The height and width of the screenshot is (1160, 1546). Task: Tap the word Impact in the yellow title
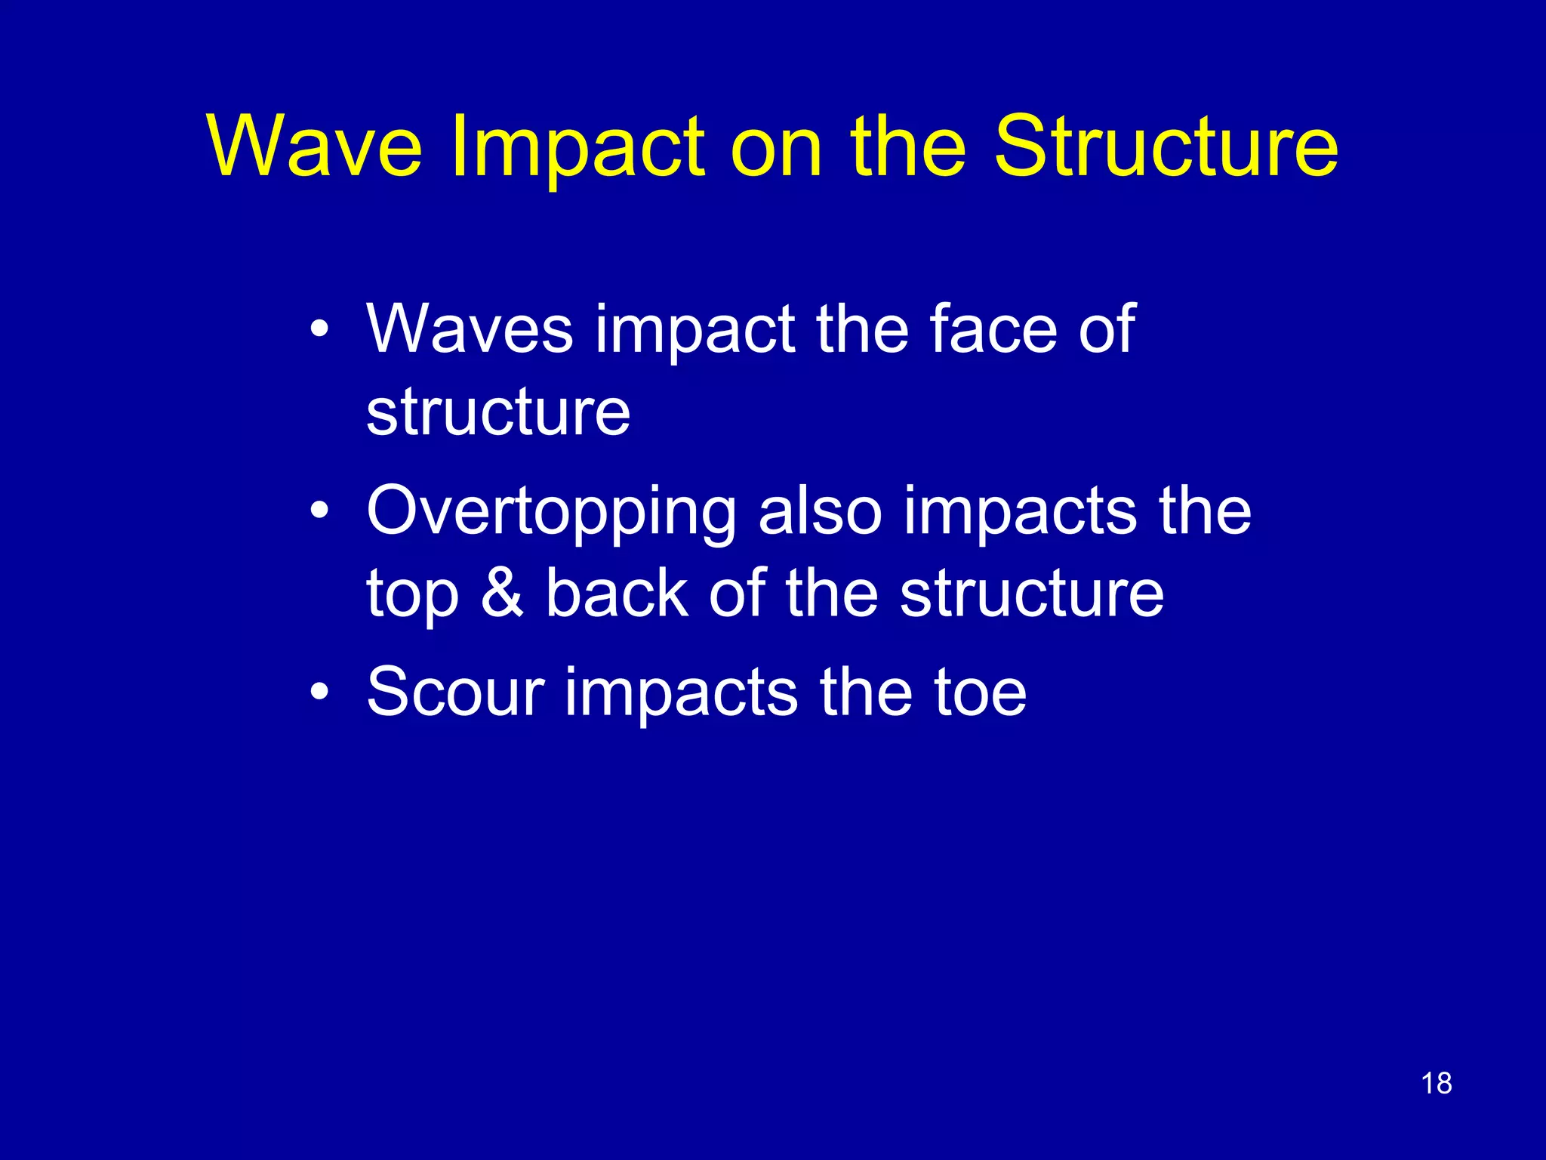pos(577,148)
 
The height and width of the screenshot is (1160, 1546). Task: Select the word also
pos(820,511)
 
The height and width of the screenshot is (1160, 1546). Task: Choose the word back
pos(617,593)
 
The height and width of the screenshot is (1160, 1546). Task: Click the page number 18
pos(1436,1084)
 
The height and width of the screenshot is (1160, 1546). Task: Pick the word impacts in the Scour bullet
pos(681,693)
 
